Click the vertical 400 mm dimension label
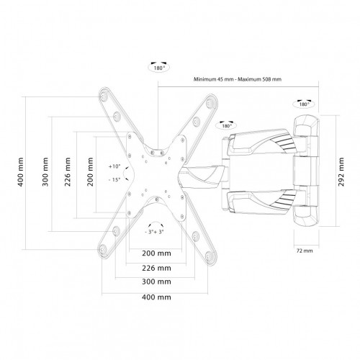pyautogui.click(x=21, y=172)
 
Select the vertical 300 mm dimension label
pyautogui.click(x=45, y=172)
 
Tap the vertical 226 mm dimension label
pyautogui.click(x=68, y=172)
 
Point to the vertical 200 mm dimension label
pyautogui.click(x=90, y=172)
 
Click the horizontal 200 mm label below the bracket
pyautogui.click(x=156, y=253)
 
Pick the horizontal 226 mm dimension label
pyautogui.click(x=156, y=268)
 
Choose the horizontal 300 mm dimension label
pyautogui.click(x=156, y=282)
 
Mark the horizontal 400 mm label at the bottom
pyautogui.click(x=156, y=297)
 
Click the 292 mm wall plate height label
pyautogui.click(x=341, y=172)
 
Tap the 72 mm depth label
pyautogui.click(x=305, y=251)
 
